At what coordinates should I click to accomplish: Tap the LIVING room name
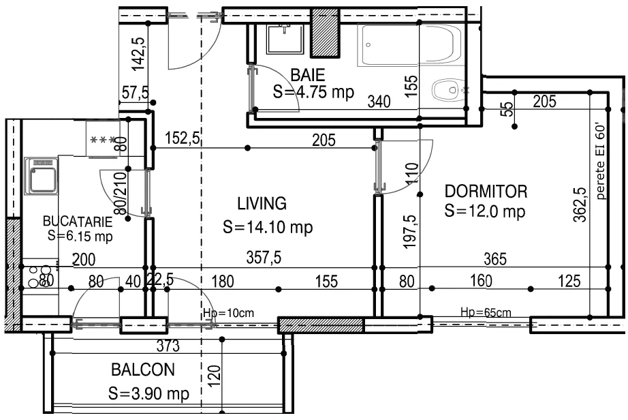coord(262,204)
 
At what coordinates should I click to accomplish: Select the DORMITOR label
coord(486,192)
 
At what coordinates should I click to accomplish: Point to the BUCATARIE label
coord(78,221)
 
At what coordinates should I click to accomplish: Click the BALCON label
coord(143,370)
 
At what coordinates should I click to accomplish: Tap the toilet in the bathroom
coord(448,90)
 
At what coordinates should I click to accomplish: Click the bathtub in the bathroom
coord(411,44)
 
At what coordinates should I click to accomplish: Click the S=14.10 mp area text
coord(268,227)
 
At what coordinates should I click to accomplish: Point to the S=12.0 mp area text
coord(484,211)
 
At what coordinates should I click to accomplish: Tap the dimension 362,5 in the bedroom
coord(580,205)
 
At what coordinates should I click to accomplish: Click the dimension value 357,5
coord(264,257)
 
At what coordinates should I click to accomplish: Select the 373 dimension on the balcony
coord(168,346)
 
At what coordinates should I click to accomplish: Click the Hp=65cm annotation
coord(486,312)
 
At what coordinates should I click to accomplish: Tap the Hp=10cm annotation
coord(228,312)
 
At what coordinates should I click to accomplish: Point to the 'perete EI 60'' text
coord(600,162)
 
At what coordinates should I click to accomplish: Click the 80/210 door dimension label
coord(121,193)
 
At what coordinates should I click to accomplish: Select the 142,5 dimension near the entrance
coord(138,54)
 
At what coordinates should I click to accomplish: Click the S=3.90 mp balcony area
coord(148,393)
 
